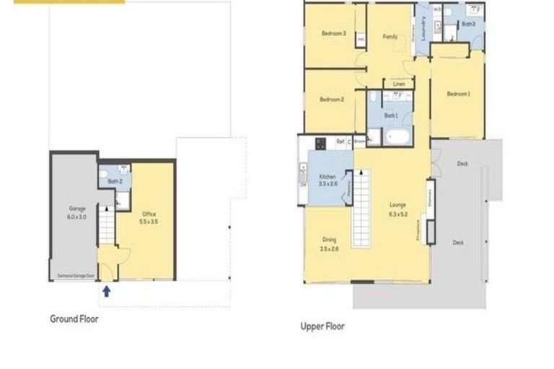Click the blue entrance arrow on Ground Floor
click(x=107, y=291)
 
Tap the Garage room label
click(x=77, y=213)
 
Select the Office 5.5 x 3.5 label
click(x=149, y=216)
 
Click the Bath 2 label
click(x=115, y=181)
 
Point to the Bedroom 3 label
click(x=334, y=33)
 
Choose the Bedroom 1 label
click(x=458, y=94)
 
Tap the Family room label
click(x=390, y=37)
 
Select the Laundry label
click(x=426, y=29)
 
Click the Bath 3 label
click(x=469, y=24)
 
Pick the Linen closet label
click(x=399, y=84)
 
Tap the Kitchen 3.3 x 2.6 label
click(x=328, y=180)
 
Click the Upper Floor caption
click(x=322, y=326)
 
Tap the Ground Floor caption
click(x=74, y=318)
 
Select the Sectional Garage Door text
click(x=76, y=275)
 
